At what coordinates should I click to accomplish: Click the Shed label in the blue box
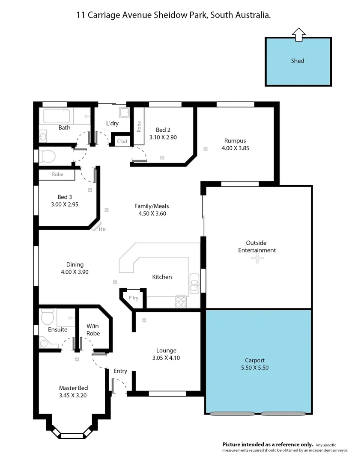[x=297, y=61]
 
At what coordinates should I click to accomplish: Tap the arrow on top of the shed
[x=298, y=35]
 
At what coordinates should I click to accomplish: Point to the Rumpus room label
[x=235, y=141]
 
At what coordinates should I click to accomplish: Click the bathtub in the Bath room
[x=55, y=116]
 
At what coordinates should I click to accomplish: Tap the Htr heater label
[x=102, y=229]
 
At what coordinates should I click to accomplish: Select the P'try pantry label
[x=133, y=298]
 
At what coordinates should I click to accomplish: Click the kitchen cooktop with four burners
[x=181, y=302]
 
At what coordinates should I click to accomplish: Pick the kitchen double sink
[x=194, y=285]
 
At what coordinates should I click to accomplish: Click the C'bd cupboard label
[x=122, y=141]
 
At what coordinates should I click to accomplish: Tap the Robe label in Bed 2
[x=139, y=125]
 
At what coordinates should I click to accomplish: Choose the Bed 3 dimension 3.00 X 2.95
[x=65, y=204]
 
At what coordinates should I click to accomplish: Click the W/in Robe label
[x=93, y=330]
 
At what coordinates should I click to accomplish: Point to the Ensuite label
[x=57, y=330]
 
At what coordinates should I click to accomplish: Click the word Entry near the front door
[x=120, y=371]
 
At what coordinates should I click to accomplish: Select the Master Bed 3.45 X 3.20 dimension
[x=73, y=395]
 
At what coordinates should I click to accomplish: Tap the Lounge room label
[x=166, y=351]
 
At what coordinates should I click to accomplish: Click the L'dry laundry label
[x=112, y=124]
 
